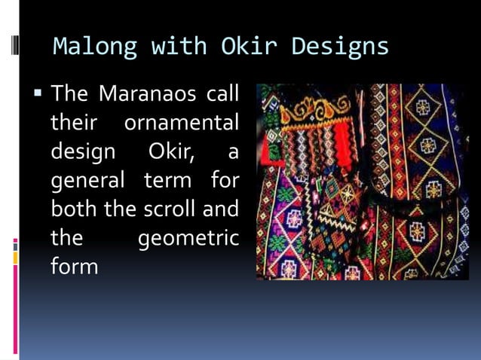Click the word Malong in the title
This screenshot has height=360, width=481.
pyautogui.click(x=93, y=47)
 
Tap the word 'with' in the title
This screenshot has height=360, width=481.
pyautogui.click(x=176, y=47)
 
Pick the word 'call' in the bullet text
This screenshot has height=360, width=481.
pyautogui.click(x=219, y=95)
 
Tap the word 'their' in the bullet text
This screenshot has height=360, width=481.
pyautogui.click(x=72, y=123)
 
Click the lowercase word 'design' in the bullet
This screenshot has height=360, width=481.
pyautogui.click(x=83, y=151)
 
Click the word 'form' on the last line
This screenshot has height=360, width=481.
pyautogui.click(x=74, y=267)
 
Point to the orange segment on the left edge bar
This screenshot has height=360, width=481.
pyautogui.click(x=15, y=257)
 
